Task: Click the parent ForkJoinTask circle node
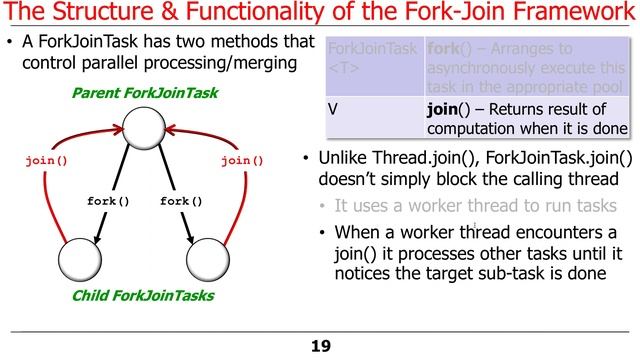143,128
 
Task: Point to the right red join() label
242,160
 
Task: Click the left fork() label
109,201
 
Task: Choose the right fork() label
181,201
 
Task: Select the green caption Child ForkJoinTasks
143,296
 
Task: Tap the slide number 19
320,346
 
